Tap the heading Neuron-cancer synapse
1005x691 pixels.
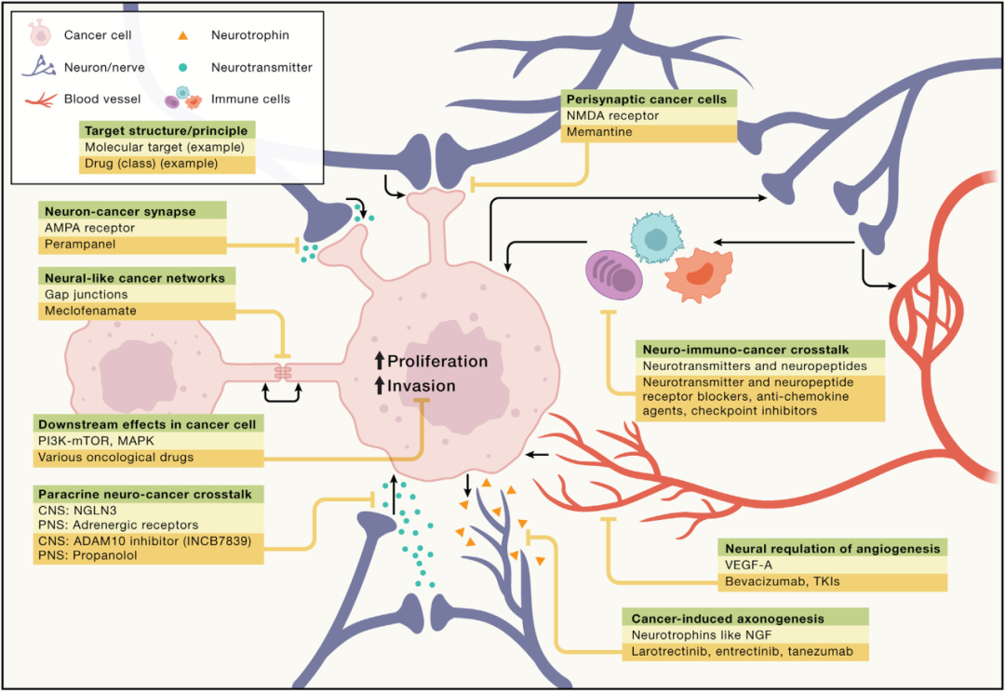pyautogui.click(x=120, y=211)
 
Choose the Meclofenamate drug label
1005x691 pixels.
pyautogui.click(x=90, y=311)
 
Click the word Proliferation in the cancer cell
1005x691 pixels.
pyautogui.click(x=437, y=361)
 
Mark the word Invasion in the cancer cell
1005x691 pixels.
pyautogui.click(x=422, y=386)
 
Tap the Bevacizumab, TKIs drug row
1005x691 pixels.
pyautogui.click(x=782, y=581)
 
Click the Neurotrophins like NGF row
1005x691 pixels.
pyautogui.click(x=702, y=634)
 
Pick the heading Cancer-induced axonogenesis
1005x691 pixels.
pyautogui.click(x=728, y=618)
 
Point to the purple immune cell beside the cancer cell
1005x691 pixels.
pyautogui.click(x=614, y=274)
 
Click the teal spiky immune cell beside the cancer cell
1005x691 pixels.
pyautogui.click(x=656, y=238)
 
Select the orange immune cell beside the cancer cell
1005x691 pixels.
pyautogui.click(x=699, y=274)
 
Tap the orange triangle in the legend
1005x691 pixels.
pyautogui.click(x=182, y=36)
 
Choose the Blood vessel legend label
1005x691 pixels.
pyautogui.click(x=102, y=99)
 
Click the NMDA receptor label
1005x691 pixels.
pyautogui.click(x=612, y=116)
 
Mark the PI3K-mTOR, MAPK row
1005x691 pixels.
pyautogui.click(x=96, y=441)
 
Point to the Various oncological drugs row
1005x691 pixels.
pyautogui.click(x=115, y=458)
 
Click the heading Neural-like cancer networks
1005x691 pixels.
pyautogui.click(x=135, y=278)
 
